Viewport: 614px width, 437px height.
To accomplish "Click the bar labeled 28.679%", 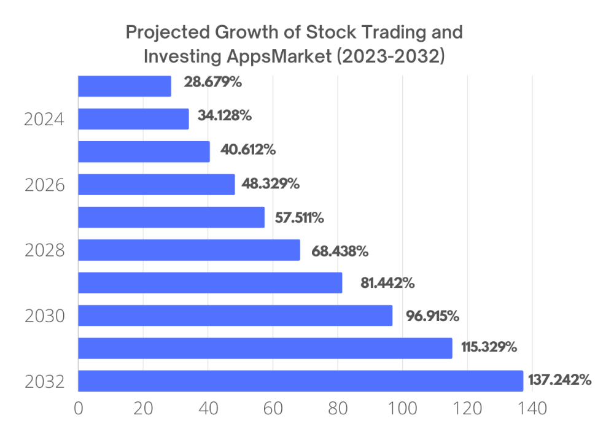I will coord(125,86).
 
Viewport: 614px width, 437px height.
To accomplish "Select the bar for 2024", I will coord(133,118).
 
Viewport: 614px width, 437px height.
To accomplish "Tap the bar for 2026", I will coord(157,184).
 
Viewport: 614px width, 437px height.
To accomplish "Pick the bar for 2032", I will coord(300,381).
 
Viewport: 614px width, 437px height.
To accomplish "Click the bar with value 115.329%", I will coord(265,348).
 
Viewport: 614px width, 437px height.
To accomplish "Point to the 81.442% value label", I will coord(387,283).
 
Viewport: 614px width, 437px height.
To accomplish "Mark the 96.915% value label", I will coord(432,316).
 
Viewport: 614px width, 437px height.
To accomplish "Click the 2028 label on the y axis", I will coord(45,250).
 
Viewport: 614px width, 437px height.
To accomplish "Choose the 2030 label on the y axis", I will coord(45,317).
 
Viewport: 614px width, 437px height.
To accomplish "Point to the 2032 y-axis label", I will coord(45,382).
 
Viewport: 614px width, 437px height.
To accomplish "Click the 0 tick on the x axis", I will coord(78,409).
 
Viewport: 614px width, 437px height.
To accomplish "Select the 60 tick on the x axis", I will coord(273,409).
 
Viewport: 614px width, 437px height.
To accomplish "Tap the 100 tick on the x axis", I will coord(402,409).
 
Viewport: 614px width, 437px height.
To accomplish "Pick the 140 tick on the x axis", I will coord(532,409).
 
